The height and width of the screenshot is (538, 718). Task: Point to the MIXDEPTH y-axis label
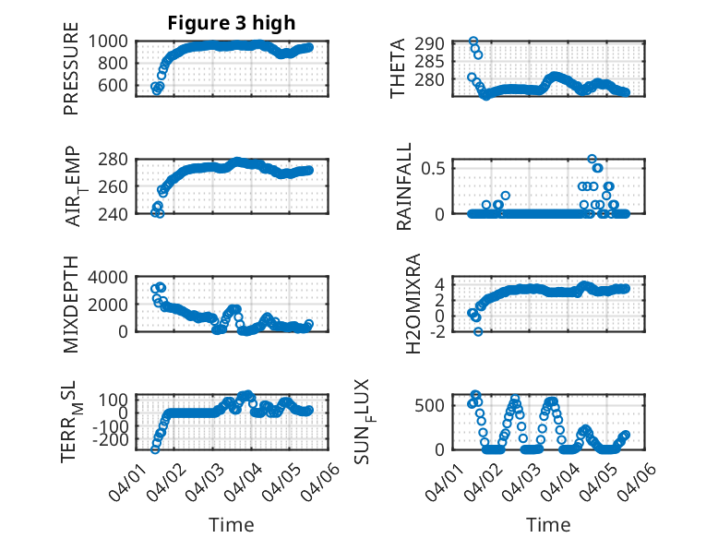[x=71, y=305]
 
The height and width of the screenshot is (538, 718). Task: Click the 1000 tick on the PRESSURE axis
[x=110, y=42]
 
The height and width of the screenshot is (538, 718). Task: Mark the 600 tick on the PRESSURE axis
[x=114, y=86]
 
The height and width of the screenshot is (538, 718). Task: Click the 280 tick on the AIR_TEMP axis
[x=114, y=159]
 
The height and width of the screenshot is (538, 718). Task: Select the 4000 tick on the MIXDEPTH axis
[x=110, y=277]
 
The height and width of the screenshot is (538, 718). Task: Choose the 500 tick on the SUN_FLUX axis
[x=436, y=405]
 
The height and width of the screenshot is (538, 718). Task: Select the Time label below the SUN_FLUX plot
[x=548, y=524]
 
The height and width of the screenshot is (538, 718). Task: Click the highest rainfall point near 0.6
[x=592, y=159]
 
